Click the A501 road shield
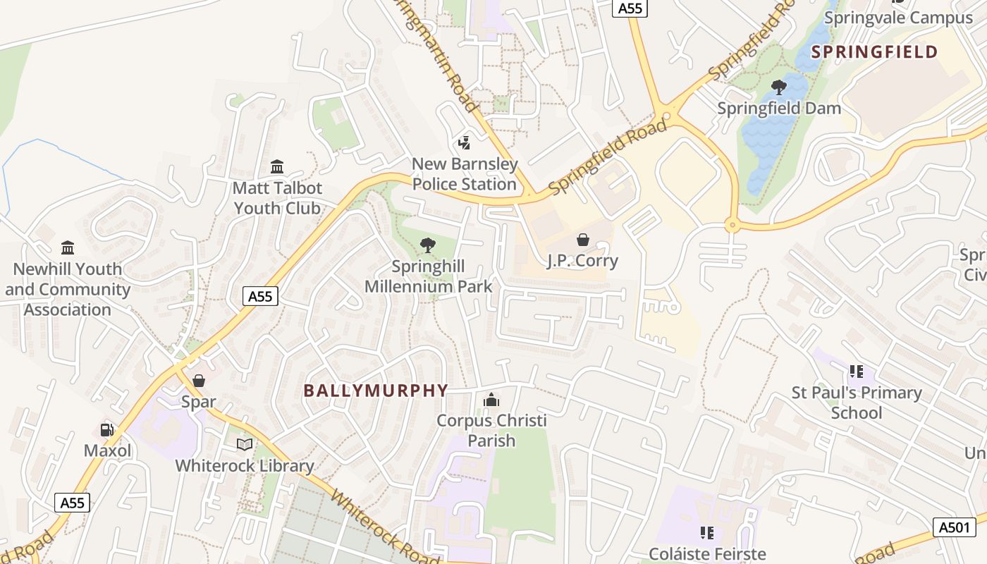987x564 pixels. [x=955, y=527]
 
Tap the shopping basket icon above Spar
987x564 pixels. [x=199, y=381]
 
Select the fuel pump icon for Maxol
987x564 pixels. [x=107, y=429]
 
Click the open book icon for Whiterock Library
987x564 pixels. [x=245, y=444]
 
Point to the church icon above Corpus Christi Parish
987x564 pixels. [x=491, y=400]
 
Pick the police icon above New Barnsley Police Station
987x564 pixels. [x=464, y=143]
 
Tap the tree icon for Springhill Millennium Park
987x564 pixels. [x=427, y=245]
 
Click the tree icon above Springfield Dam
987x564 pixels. [x=779, y=87]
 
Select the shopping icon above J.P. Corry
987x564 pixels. [x=583, y=240]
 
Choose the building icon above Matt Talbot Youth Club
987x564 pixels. [x=277, y=167]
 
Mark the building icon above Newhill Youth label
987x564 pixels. [x=68, y=247]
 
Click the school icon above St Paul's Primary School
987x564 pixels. [x=857, y=371]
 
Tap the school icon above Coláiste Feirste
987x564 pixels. [x=707, y=532]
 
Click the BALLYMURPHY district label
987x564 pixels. [x=376, y=390]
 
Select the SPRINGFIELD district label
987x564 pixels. [x=874, y=51]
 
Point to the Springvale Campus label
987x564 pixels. [x=898, y=18]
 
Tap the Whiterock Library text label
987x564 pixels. [x=244, y=465]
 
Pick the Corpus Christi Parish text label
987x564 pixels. [x=491, y=431]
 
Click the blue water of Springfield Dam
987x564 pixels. [x=772, y=134]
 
